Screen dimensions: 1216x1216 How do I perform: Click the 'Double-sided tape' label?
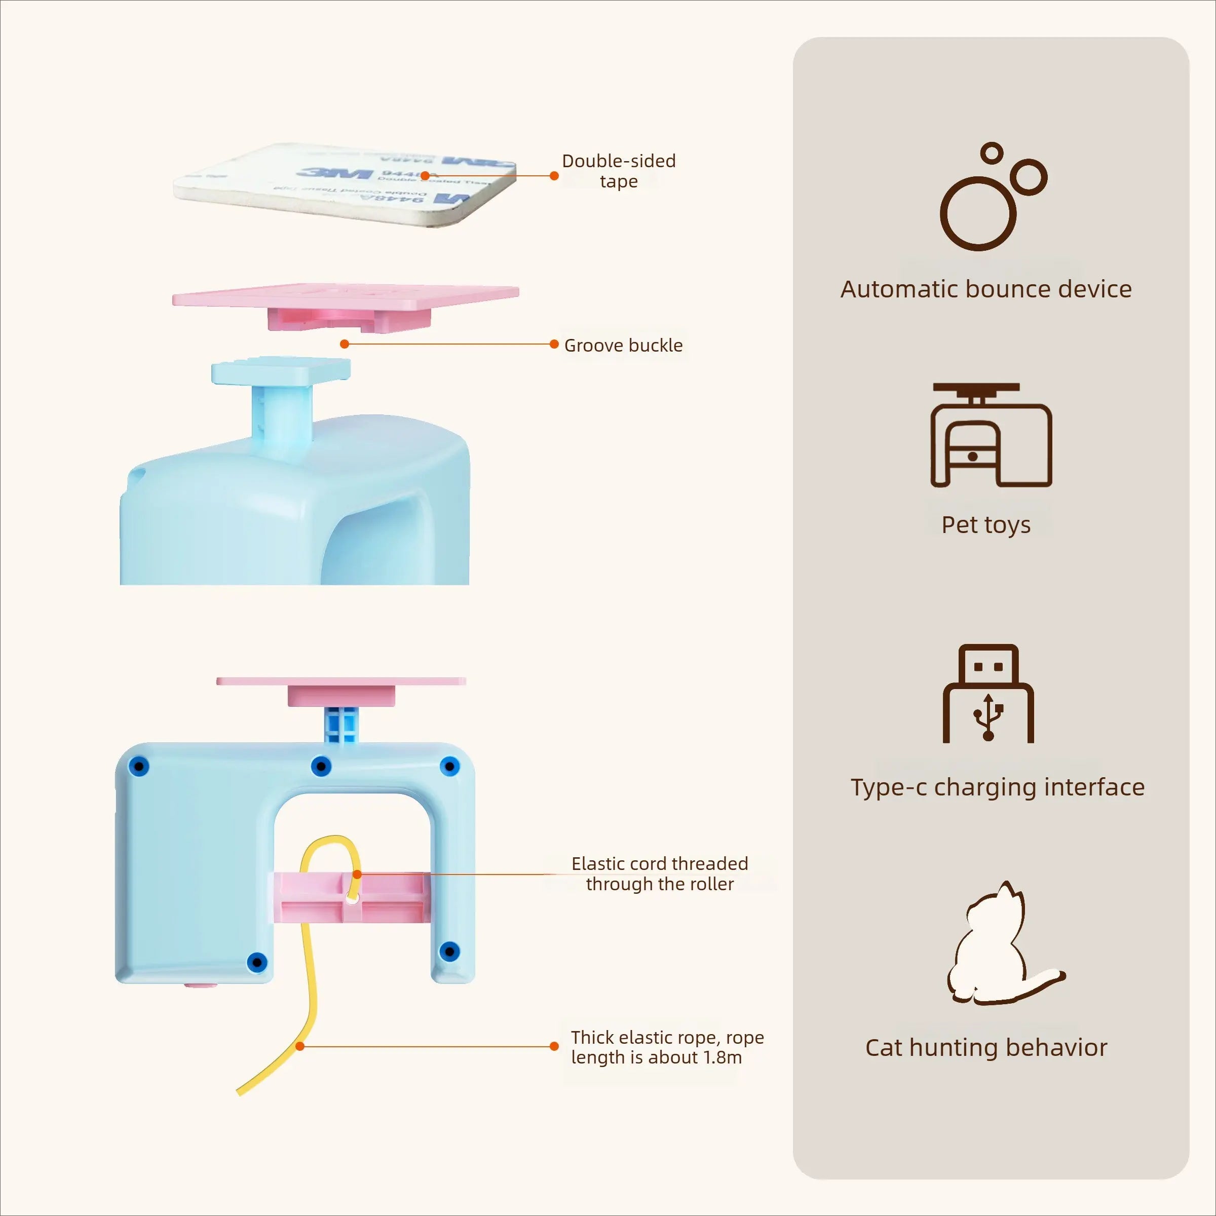coord(619,171)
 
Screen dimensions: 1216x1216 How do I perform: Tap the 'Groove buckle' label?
coord(623,346)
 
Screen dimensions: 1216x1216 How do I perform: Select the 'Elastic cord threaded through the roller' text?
coord(660,873)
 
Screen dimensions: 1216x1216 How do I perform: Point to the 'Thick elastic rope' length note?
coord(667,1047)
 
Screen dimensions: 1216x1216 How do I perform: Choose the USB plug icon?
coord(988,693)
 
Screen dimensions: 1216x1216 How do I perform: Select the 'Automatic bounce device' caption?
coord(985,289)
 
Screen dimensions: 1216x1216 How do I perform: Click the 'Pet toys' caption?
coord(985,525)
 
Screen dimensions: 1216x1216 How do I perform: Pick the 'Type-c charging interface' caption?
coord(998,787)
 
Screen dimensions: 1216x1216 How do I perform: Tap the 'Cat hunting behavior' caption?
coord(985,1048)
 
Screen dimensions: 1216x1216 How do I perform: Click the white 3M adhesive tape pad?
coord(345,184)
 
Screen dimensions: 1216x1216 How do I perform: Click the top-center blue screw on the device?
coord(321,767)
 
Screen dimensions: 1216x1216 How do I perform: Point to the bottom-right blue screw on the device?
coord(449,951)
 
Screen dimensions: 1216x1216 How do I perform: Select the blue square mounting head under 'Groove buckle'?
coord(281,371)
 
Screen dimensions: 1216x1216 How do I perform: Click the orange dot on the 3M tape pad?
coord(425,176)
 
